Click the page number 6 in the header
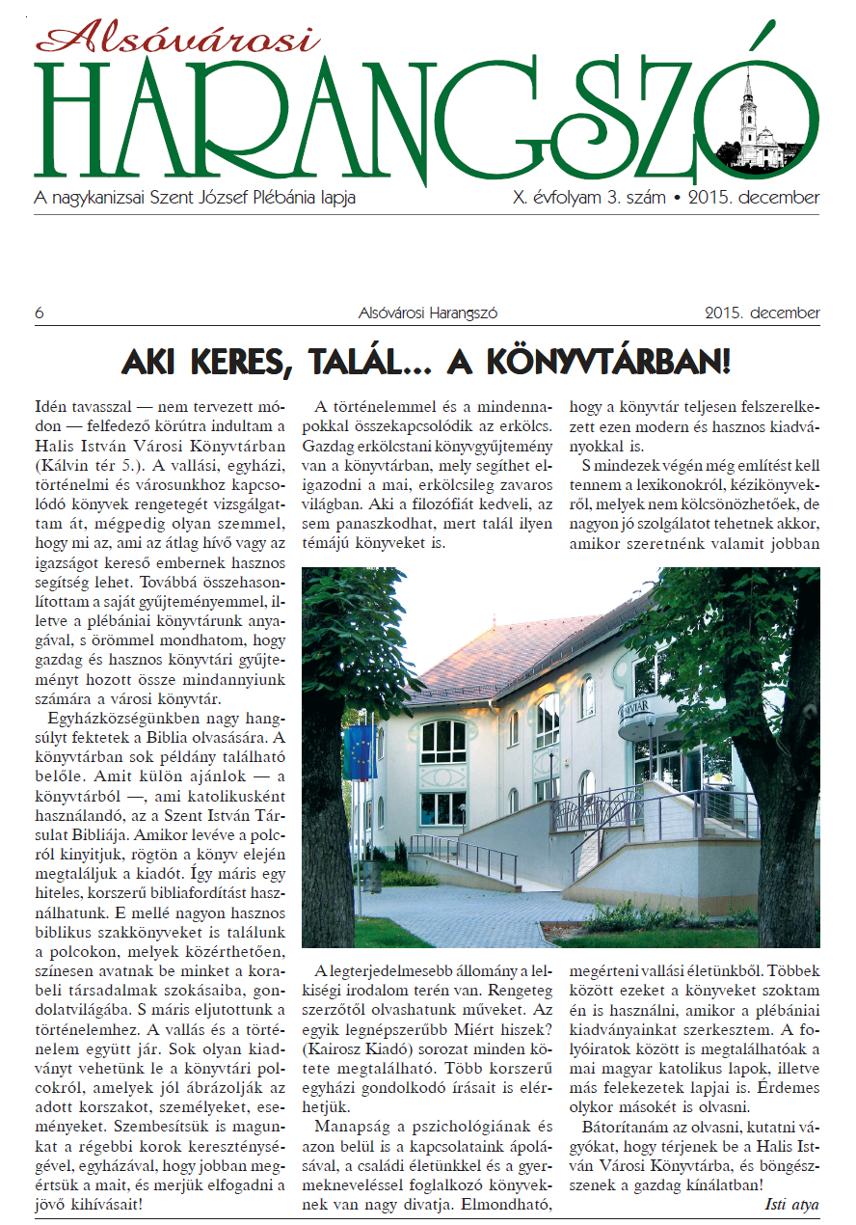[39, 313]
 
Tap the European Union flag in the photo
[360, 752]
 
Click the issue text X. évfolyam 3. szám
[590, 198]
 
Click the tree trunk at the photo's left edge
[325, 820]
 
